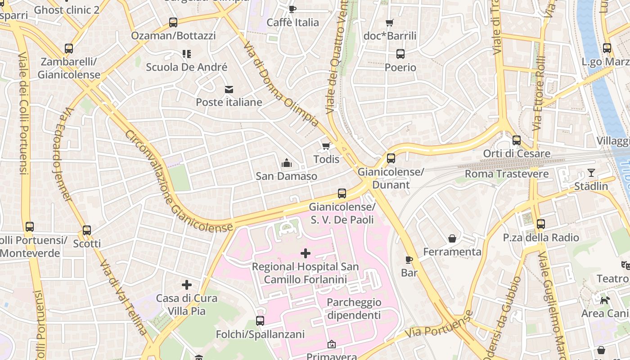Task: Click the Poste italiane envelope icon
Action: [229, 89]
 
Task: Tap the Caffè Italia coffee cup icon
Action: [292, 9]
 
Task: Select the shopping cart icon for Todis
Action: [326, 146]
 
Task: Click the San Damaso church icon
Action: [286, 163]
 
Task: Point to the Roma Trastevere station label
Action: [506, 174]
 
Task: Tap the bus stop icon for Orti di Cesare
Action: [517, 140]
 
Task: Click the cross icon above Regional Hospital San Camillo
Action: [306, 253]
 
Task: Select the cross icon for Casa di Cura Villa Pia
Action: [187, 285]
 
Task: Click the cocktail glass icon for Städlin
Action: [591, 173]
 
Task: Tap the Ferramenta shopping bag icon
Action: [452, 238]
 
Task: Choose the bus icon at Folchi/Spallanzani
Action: [260, 321]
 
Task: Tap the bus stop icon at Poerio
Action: [400, 54]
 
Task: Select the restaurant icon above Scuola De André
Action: [187, 54]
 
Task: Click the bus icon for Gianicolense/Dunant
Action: [391, 158]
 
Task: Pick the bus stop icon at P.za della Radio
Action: [541, 224]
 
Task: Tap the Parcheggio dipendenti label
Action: [354, 309]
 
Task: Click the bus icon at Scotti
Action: [87, 230]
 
